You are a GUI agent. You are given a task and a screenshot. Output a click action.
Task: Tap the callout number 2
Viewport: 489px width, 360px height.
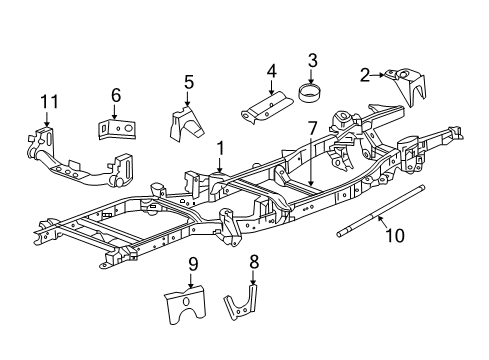coord(366,73)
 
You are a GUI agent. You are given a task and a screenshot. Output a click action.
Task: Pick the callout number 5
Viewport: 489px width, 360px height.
coord(188,82)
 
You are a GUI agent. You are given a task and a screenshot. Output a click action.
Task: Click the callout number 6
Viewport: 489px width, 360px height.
coord(116,95)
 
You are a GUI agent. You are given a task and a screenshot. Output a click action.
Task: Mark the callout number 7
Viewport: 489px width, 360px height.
coord(312,127)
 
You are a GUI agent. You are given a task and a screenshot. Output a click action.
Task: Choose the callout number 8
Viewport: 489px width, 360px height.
coord(253,263)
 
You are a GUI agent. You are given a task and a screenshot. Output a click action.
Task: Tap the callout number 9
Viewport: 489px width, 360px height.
coord(193,264)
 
